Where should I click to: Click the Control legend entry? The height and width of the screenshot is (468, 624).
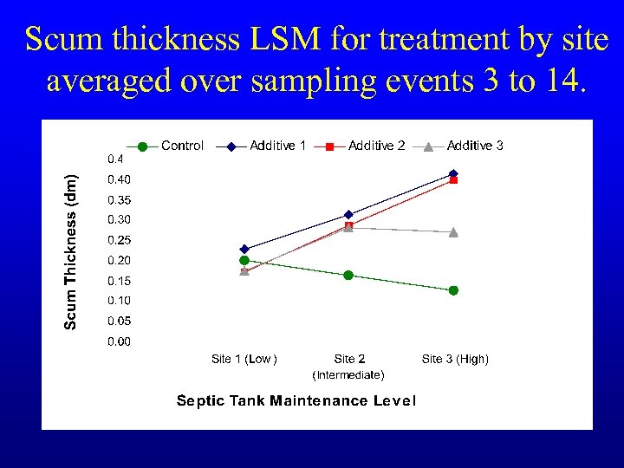click(x=182, y=146)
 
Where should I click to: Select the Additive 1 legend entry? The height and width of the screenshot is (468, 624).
click(x=277, y=146)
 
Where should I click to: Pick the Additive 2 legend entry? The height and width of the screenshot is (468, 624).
click(x=376, y=146)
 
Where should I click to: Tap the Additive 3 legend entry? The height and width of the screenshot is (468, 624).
click(x=475, y=146)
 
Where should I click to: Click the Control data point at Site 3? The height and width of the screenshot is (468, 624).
click(x=453, y=290)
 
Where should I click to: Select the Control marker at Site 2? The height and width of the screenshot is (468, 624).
click(x=348, y=275)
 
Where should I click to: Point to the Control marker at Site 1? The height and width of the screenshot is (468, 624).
click(x=244, y=260)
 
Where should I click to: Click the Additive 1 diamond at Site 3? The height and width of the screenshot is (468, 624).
click(x=453, y=173)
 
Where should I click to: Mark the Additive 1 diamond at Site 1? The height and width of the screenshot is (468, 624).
click(x=244, y=249)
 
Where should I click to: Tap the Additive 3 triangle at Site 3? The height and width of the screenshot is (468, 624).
click(x=453, y=232)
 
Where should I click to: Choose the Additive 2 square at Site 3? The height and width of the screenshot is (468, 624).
click(x=453, y=180)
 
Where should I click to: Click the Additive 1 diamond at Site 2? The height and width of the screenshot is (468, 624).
click(x=348, y=214)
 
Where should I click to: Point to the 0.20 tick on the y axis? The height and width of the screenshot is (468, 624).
click(x=120, y=261)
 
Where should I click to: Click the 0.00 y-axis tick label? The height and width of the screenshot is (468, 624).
click(x=120, y=341)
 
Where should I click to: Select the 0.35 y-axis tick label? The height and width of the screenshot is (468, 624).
click(x=120, y=200)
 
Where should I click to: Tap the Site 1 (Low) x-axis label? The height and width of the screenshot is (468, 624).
click(x=244, y=359)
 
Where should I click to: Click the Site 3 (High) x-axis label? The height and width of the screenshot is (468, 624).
click(x=455, y=359)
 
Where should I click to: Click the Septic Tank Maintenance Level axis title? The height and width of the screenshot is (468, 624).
click(x=296, y=400)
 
